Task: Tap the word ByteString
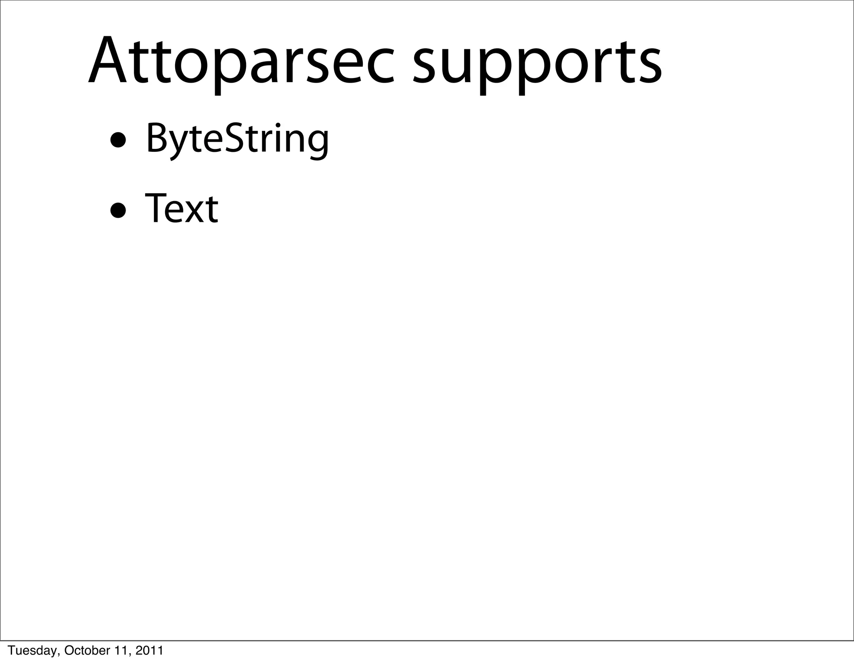[237, 139]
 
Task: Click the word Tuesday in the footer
[30, 651]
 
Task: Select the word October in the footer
[83, 651]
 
